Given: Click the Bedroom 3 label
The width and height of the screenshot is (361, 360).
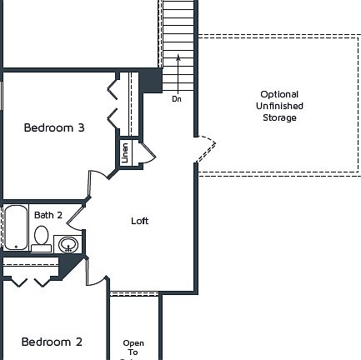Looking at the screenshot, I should (53, 127).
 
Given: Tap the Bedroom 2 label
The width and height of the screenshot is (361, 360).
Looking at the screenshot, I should (52, 342).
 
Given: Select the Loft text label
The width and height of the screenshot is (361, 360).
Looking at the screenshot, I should (140, 221).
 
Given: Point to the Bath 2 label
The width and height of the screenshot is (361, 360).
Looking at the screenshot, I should (48, 215).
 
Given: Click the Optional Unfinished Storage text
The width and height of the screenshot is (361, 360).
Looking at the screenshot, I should (279, 106).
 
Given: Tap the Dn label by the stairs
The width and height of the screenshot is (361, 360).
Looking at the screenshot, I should (177, 99).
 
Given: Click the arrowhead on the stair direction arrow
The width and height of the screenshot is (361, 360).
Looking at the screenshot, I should (178, 57).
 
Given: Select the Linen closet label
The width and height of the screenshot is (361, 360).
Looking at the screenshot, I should (125, 152).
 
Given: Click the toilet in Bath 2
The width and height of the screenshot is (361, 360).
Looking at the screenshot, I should (40, 237).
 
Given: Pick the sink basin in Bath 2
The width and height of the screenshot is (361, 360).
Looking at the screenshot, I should (68, 244).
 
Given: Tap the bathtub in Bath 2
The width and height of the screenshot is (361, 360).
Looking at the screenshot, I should (16, 227).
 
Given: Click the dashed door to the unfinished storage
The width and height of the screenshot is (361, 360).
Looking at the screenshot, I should (206, 149).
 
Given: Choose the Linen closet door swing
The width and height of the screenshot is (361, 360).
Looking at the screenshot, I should (145, 152).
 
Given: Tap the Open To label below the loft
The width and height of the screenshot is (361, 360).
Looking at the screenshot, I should (133, 347).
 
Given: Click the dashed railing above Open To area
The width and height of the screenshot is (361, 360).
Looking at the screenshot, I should (134, 292).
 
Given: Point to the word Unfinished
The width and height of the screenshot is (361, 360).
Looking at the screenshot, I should (279, 106).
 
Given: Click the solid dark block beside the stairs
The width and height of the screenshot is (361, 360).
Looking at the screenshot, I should (150, 81).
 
